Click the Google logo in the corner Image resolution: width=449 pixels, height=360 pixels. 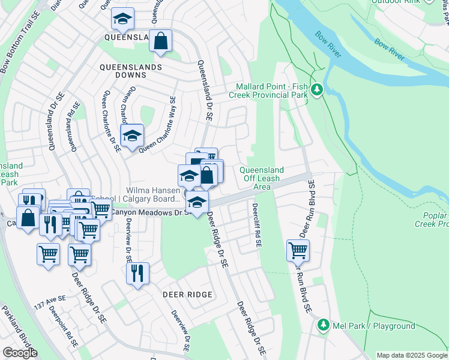[x=20, y=353]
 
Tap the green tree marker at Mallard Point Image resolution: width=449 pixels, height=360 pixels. [x=317, y=91]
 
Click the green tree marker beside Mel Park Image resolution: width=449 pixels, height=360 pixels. [x=324, y=325]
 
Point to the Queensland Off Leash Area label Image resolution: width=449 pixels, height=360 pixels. [x=262, y=178]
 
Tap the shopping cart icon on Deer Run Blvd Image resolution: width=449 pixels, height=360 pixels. [x=298, y=250]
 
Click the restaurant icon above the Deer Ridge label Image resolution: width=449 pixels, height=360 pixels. [x=137, y=274]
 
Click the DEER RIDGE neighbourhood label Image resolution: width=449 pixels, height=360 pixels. [x=187, y=295]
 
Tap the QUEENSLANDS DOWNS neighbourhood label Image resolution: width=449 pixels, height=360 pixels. [x=131, y=71]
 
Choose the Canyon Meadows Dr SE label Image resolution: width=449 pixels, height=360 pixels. [x=151, y=212]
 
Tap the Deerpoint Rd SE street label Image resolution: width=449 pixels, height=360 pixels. [x=64, y=328]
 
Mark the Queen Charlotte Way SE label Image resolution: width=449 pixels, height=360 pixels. [x=157, y=126]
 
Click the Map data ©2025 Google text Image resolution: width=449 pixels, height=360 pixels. [x=412, y=355]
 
